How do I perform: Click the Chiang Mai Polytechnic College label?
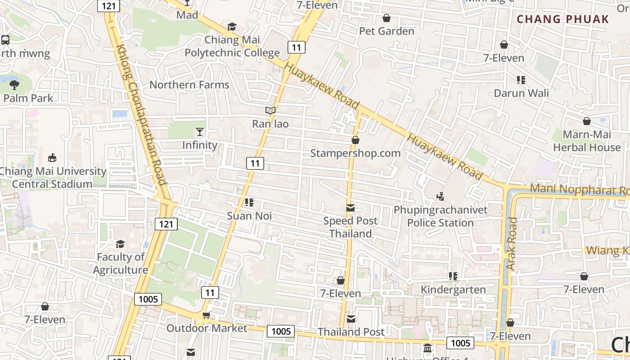pyautogui.click(x=232, y=46)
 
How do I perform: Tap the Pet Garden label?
pyautogui.click(x=387, y=31)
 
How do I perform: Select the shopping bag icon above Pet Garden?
pyautogui.click(x=386, y=18)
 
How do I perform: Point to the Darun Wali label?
pyautogui.click(x=521, y=93)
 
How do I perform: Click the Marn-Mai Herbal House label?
pyautogui.click(x=587, y=141)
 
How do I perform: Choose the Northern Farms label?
pyautogui.click(x=189, y=85)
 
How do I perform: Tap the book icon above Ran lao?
pyautogui.click(x=270, y=110)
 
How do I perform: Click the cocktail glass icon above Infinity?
pyautogui.click(x=200, y=131)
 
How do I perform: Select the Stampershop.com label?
pyautogui.click(x=355, y=153)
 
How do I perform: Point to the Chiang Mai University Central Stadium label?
pyautogui.click(x=53, y=177)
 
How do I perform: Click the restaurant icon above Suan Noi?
pyautogui.click(x=249, y=202)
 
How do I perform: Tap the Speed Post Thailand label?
pyautogui.click(x=351, y=227)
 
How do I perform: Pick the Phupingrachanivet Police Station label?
pyautogui.click(x=441, y=216)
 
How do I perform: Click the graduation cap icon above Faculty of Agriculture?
pyautogui.click(x=120, y=244)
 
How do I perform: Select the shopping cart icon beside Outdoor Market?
pyautogui.click(x=206, y=315)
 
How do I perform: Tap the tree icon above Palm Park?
pyautogui.click(x=14, y=84)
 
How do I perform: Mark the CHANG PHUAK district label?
pyautogui.click(x=562, y=19)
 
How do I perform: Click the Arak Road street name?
pyautogui.click(x=512, y=244)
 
